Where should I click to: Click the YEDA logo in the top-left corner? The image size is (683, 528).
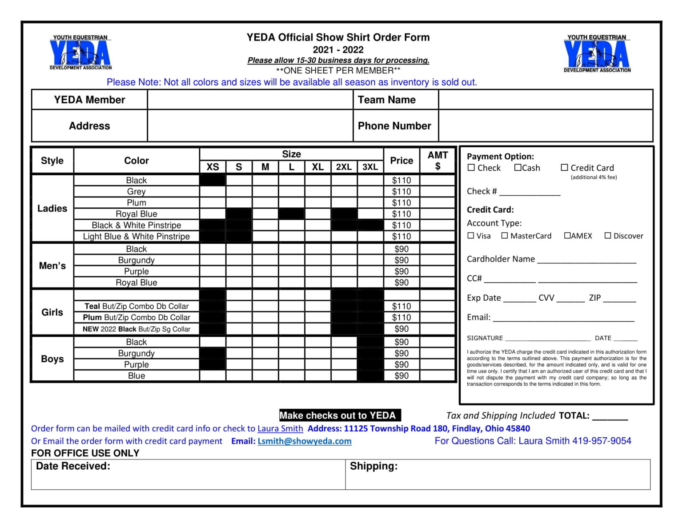80,52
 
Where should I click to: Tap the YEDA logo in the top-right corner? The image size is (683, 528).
597,54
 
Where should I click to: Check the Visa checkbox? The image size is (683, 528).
471,236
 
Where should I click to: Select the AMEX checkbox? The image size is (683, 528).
567,236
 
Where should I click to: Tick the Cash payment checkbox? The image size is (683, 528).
518,168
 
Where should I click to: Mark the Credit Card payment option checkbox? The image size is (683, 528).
564,168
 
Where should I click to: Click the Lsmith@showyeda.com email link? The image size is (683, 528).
305,441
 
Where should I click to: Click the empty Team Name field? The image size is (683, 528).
545,100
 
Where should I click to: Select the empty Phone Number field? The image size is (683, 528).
545,126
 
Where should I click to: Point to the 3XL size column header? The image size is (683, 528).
370,167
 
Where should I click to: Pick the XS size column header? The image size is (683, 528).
213,167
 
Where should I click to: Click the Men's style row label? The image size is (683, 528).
52,266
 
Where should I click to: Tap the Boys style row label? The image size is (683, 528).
52,359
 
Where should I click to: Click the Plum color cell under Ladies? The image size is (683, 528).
137,203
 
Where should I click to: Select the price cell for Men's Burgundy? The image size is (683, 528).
402,260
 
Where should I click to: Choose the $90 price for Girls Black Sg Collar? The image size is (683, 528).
402,329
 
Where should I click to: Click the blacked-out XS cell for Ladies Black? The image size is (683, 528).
213,180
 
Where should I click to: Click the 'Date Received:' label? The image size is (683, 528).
73,466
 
